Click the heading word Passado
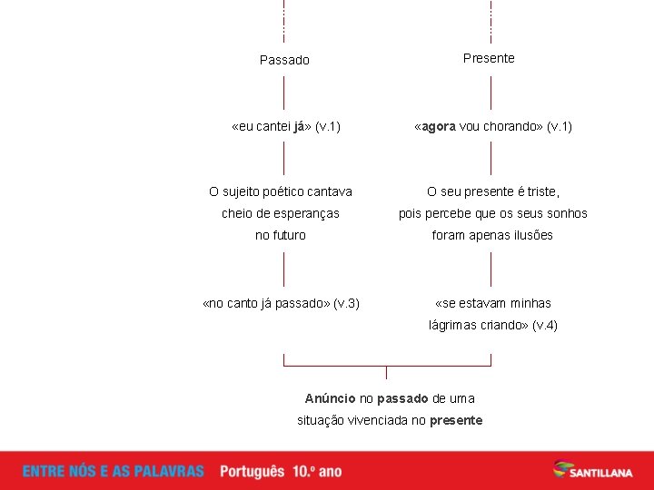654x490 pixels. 284,60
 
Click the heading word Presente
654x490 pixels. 489,58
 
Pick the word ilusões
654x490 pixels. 530,235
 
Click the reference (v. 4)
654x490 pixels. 545,325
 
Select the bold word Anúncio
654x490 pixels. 330,398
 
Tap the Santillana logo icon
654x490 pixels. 565,469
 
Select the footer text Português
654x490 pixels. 252,472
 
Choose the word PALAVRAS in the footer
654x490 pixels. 172,472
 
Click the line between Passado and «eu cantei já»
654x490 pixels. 284,93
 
